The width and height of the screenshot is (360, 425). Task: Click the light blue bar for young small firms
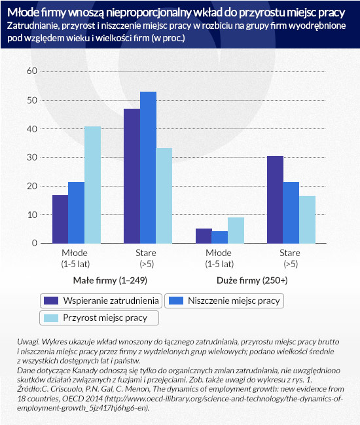pos(92,185)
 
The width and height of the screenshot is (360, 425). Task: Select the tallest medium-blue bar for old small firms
pos(148,167)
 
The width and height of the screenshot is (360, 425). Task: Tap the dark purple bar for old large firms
pos(275,200)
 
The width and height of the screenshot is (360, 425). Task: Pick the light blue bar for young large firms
pos(236,230)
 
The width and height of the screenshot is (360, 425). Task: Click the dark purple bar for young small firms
pos(60,219)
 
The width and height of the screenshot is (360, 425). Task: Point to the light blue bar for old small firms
pos(164,195)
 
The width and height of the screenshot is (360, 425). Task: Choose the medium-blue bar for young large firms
pos(220,237)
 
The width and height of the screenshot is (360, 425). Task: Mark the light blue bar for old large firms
pos(307,219)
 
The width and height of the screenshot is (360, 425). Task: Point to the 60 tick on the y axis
pos(32,71)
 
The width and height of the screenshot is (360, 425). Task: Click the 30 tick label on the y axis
pos(32,157)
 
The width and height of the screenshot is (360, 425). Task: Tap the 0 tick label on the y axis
pos(35,243)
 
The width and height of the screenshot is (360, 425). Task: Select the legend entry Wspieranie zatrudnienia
pos(101,301)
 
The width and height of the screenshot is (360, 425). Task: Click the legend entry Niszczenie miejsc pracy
pos(225,301)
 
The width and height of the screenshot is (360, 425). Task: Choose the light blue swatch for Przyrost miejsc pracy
pos(51,318)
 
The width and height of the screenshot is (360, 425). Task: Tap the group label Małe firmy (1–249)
pos(110,280)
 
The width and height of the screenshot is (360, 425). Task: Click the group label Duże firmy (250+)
pos(252,280)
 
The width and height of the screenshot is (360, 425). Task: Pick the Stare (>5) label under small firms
pos(146,258)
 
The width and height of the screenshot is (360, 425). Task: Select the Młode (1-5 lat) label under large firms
pos(219,258)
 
